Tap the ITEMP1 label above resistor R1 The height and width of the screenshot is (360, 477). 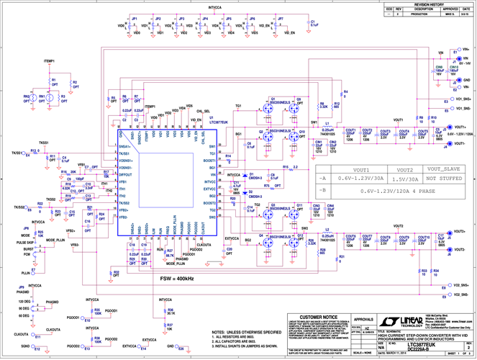point(50,62)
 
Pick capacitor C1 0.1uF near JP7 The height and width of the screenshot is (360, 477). point(306,25)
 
